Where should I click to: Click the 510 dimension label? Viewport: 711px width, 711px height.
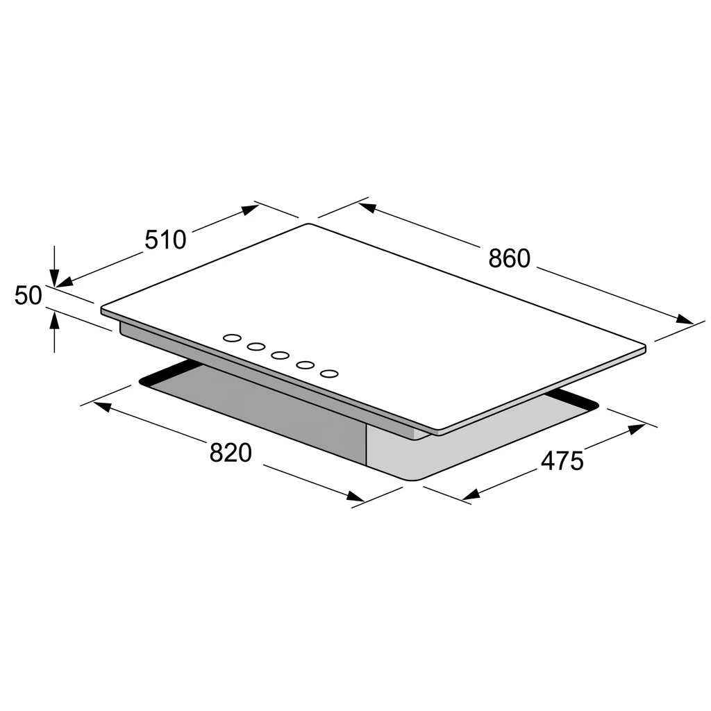coord(165,240)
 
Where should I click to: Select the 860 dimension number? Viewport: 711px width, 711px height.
coord(509,258)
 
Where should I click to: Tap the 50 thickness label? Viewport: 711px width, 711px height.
coord(28,295)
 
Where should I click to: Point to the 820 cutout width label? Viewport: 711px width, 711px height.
coord(231,453)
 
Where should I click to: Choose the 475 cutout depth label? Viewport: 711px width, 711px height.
coord(562,461)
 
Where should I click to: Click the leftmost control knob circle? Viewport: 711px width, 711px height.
coord(232,338)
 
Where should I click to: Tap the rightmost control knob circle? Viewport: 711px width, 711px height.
coord(329,374)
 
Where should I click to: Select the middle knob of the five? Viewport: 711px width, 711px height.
coord(281,355)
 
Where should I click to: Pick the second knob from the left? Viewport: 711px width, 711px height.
coord(256,347)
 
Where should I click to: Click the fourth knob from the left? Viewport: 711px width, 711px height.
coord(306,365)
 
